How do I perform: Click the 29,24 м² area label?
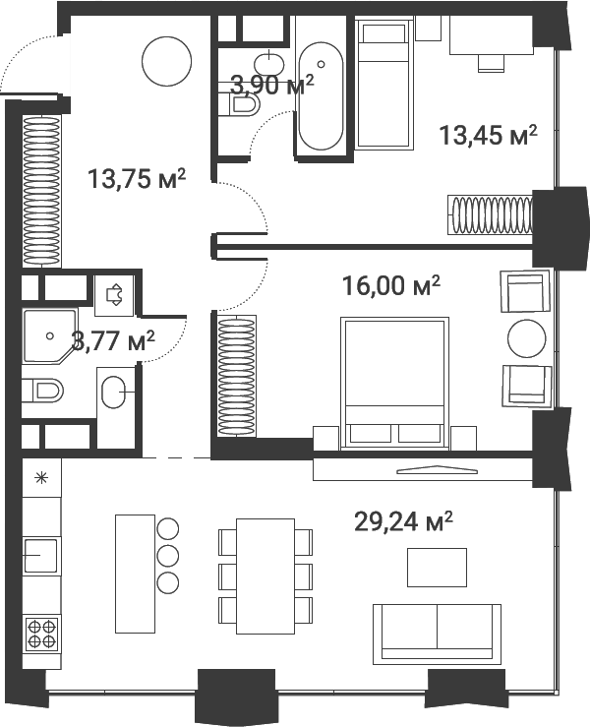click(x=403, y=522)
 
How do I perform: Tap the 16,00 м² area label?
click(x=390, y=285)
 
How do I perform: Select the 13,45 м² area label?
click(x=488, y=136)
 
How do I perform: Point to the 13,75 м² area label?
click(x=137, y=178)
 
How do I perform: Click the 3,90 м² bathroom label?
click(x=272, y=85)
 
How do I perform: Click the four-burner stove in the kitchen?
click(x=41, y=634)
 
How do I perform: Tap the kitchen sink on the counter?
click(x=40, y=555)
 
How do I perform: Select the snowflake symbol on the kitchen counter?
click(x=41, y=477)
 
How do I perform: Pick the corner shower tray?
click(x=49, y=336)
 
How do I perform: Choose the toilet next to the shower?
click(x=42, y=391)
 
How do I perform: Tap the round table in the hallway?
click(x=167, y=62)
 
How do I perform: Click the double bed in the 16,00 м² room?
click(x=394, y=383)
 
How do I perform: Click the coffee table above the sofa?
click(x=437, y=567)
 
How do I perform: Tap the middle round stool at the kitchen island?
click(x=168, y=555)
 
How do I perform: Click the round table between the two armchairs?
click(x=526, y=338)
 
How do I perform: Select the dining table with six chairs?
click(x=265, y=576)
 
